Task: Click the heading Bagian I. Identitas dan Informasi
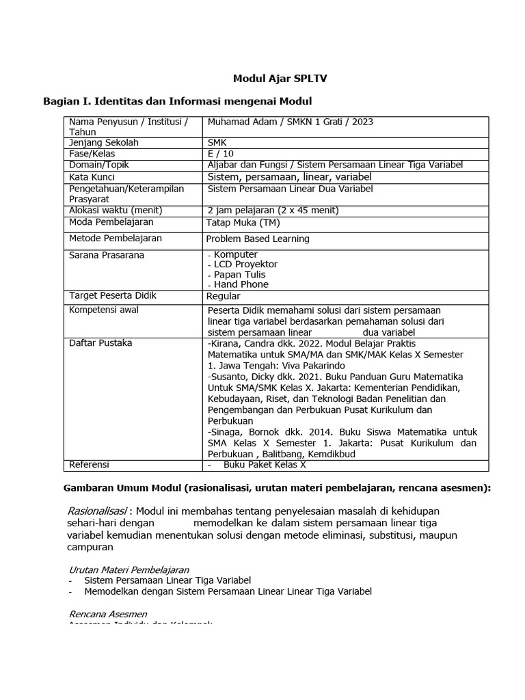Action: pos(177,101)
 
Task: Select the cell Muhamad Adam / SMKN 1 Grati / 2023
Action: pos(291,122)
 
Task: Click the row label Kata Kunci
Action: pos(92,176)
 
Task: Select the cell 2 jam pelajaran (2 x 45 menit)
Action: pos(273,210)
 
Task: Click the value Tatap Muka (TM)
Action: pos(243,222)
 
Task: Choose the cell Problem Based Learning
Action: pos(258,239)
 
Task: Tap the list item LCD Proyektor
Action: pos(245,264)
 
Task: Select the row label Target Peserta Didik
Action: pos(113,295)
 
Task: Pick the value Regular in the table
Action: pos(224,296)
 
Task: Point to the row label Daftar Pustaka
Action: pos(100,342)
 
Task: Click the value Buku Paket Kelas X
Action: pos(265,465)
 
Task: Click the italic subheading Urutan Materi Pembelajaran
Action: pos(129,569)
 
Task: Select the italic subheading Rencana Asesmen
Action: pos(108,614)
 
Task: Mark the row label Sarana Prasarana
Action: pos(107,255)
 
